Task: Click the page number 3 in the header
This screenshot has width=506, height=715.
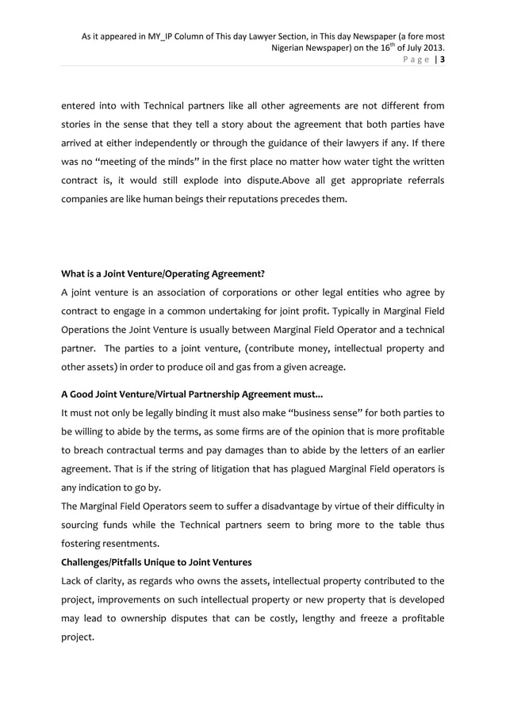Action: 442,59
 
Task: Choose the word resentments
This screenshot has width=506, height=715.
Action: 132,543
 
